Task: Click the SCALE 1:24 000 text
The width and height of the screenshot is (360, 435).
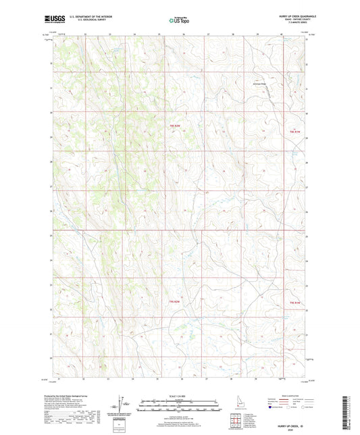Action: click(179, 396)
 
